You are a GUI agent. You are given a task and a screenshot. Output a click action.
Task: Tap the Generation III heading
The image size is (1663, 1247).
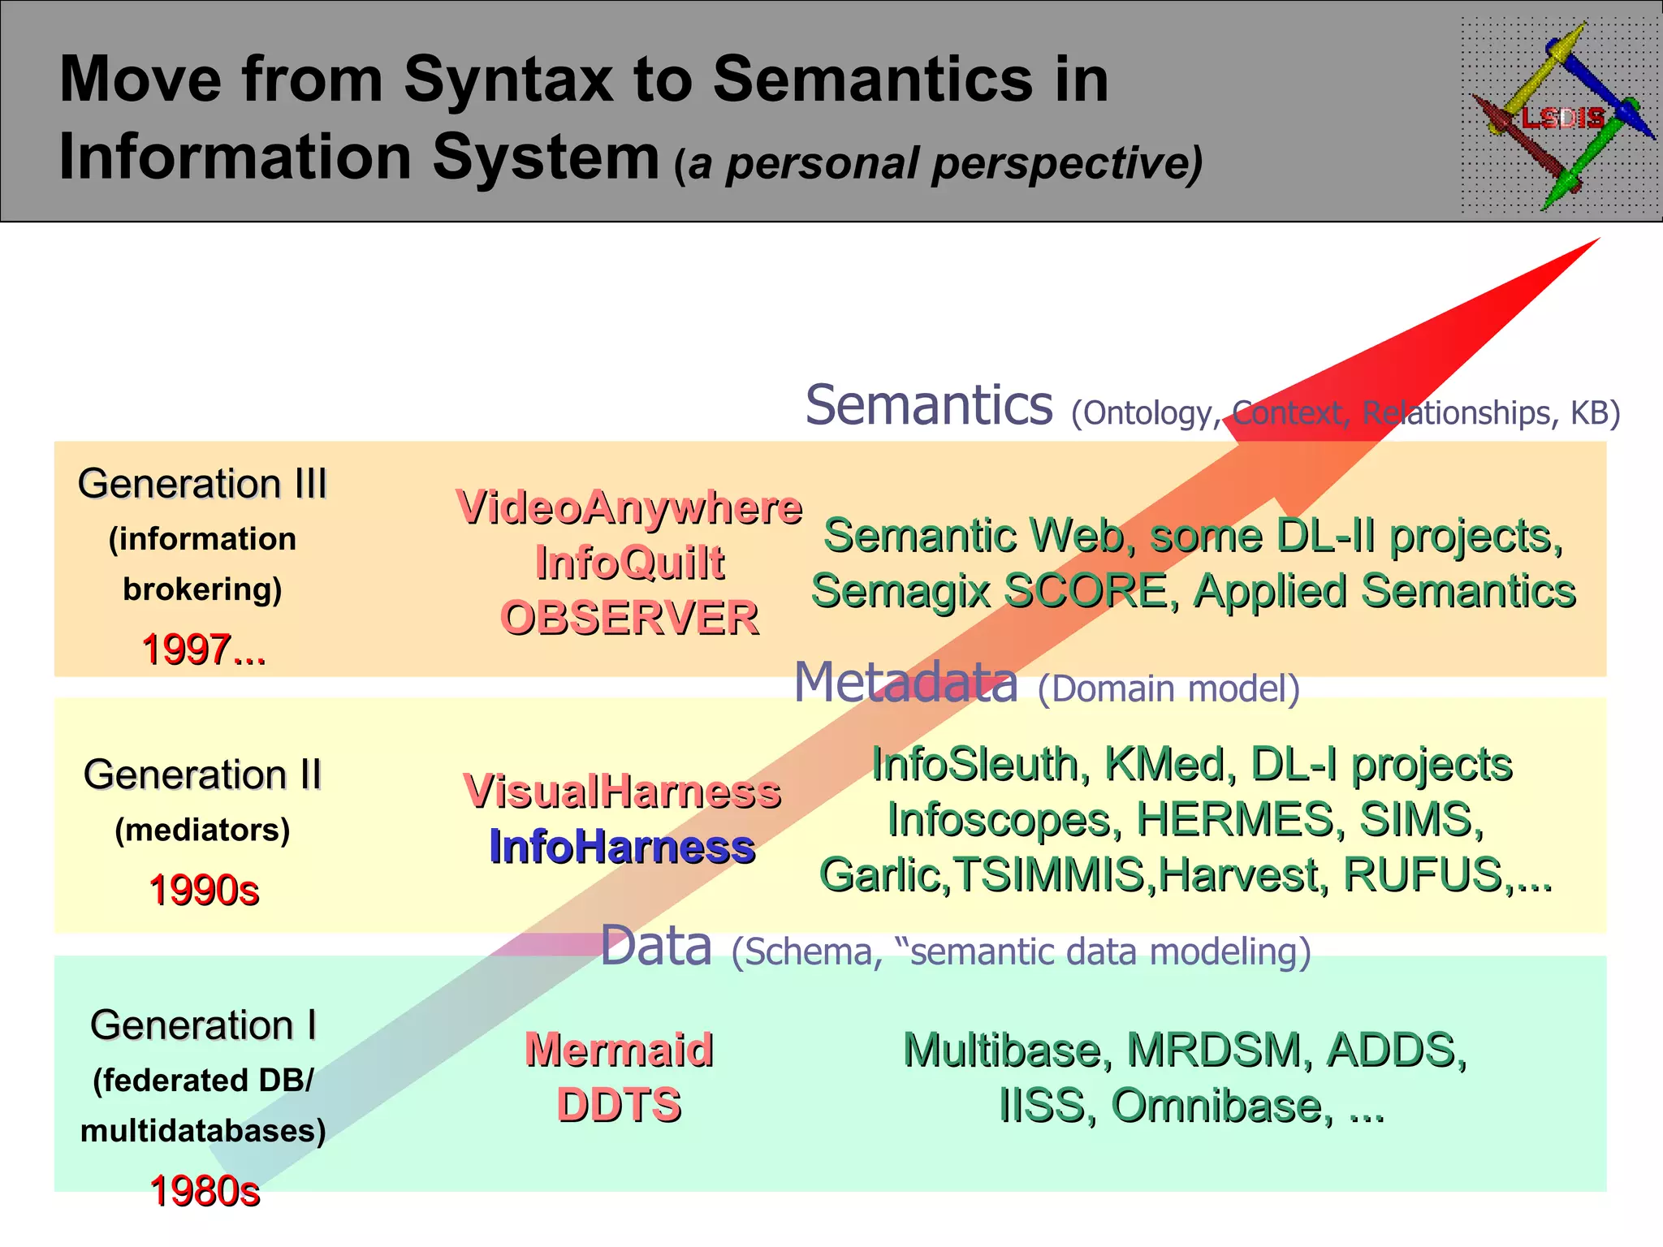pos(202,484)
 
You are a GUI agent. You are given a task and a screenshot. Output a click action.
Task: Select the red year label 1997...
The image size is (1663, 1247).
pos(204,649)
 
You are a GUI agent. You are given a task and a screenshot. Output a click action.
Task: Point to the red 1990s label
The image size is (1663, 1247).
pos(204,890)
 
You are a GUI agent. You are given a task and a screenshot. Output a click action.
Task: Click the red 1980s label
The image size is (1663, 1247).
pos(205,1191)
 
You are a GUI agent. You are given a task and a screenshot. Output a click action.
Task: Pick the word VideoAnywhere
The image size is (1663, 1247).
pos(629,507)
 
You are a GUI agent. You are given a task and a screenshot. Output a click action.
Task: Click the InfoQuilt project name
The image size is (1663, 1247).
pos(629,563)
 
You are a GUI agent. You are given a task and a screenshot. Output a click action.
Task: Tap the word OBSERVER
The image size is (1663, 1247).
pos(629,618)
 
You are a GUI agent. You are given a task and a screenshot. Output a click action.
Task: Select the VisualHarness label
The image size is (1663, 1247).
pos(622,792)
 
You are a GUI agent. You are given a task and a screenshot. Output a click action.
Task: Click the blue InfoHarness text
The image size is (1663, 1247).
pos(622,847)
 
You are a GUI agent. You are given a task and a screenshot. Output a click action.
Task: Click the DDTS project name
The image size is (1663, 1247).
pos(619,1105)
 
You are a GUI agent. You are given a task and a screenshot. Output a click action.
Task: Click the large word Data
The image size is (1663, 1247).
pos(656,947)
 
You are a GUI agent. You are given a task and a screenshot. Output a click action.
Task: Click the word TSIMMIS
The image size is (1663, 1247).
pos(1052,875)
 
